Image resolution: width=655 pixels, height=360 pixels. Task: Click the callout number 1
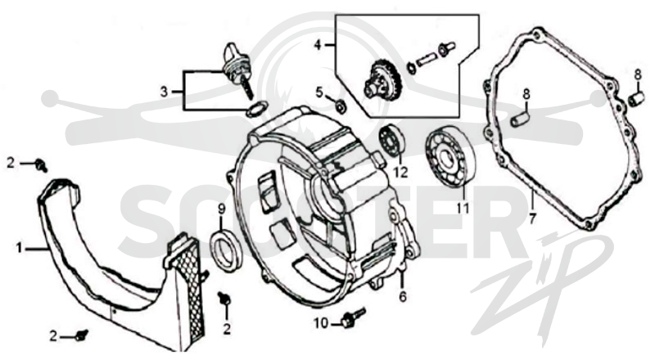[19, 249]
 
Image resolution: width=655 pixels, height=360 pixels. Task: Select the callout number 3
[165, 91]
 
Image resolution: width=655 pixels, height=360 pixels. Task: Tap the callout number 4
[318, 44]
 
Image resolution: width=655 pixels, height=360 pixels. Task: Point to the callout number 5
[319, 92]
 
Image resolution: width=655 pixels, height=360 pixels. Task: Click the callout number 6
[402, 296]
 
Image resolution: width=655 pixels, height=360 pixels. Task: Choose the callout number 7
[531, 218]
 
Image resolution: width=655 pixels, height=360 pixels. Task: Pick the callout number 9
[221, 209]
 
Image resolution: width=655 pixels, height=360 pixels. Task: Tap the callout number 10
[321, 323]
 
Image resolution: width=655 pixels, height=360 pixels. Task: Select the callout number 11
[463, 208]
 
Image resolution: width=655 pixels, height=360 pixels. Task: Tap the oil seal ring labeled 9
[227, 250]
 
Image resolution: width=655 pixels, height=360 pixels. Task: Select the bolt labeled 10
[353, 317]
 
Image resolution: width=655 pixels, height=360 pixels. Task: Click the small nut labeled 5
[341, 107]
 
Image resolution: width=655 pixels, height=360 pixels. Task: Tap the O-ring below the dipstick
[255, 109]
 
